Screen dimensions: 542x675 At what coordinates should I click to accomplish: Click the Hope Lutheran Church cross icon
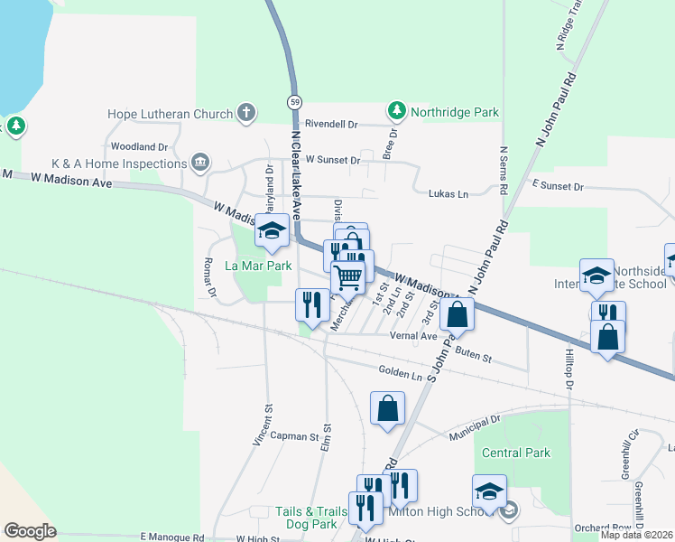pos(246,113)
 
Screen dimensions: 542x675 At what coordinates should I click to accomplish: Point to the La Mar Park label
pos(258,266)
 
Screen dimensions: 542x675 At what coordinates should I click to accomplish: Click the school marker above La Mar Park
pos(270,231)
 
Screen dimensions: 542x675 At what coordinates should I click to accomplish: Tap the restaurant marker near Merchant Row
pos(312,303)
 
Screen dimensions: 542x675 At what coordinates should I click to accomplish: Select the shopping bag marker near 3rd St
pos(458,315)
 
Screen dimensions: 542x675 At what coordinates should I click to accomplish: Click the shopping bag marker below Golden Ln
pos(387,407)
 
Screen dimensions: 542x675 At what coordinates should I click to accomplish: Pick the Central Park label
pos(516,452)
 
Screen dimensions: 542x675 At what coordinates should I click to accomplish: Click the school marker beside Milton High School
pos(488,491)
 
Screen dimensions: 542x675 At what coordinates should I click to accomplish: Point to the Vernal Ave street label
pos(413,335)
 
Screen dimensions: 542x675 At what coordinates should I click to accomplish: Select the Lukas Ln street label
pos(448,193)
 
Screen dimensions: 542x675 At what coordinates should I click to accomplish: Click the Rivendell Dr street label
pos(331,124)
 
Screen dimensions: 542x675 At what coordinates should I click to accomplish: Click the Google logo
pos(30,530)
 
